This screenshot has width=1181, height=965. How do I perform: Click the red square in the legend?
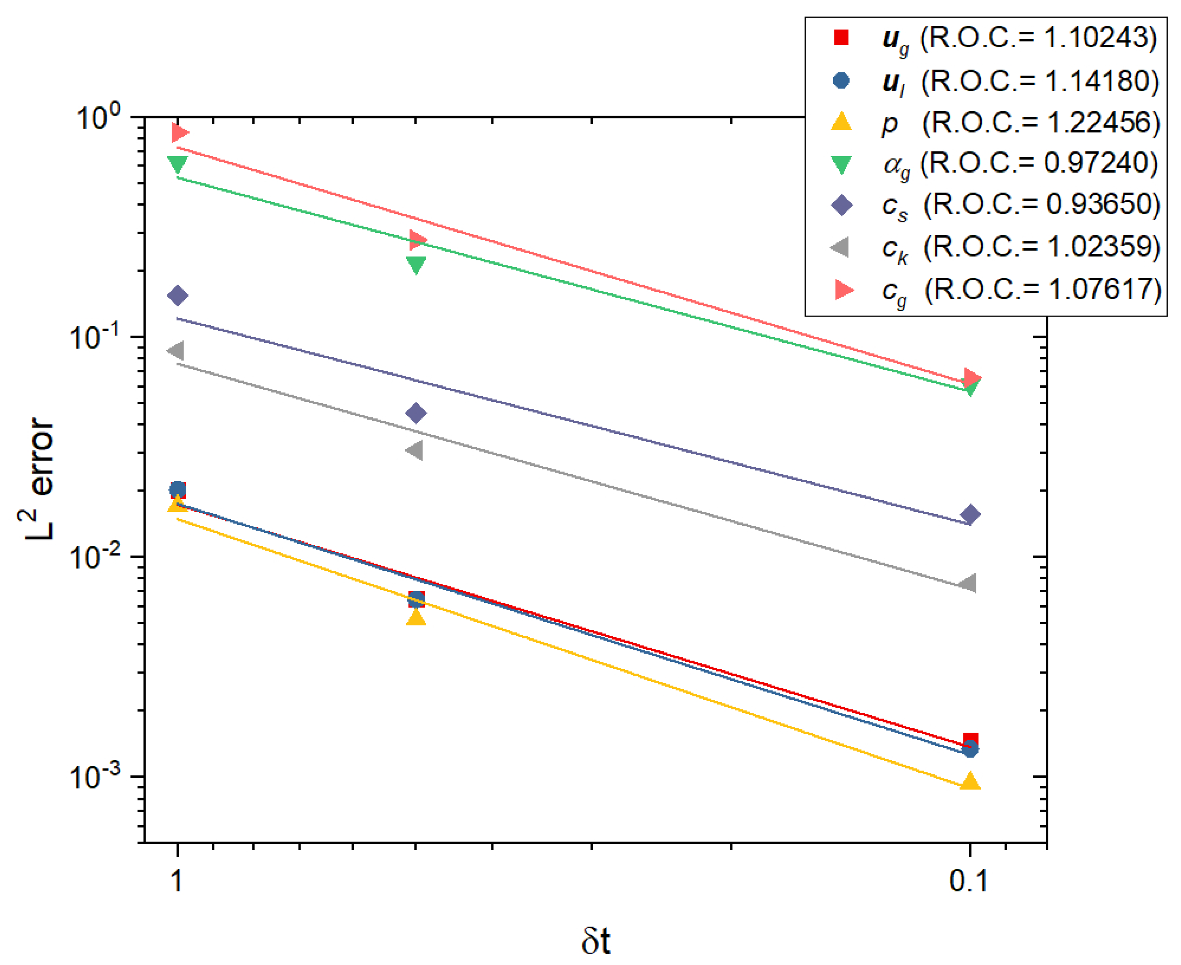tap(842, 38)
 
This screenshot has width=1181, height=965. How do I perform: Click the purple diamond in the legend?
tap(841, 205)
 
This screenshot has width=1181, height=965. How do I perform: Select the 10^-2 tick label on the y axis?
tap(95, 557)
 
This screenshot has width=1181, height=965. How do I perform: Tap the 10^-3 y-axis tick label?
tap(95, 777)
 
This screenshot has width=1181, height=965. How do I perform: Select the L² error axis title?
tap(39, 478)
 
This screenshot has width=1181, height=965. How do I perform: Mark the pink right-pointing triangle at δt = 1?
tap(180, 132)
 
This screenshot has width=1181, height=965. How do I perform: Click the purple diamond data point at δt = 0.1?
tap(970, 515)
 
